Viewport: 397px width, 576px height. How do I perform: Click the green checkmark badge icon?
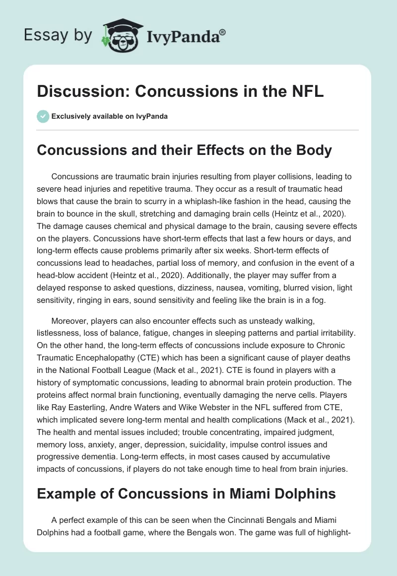click(42, 116)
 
